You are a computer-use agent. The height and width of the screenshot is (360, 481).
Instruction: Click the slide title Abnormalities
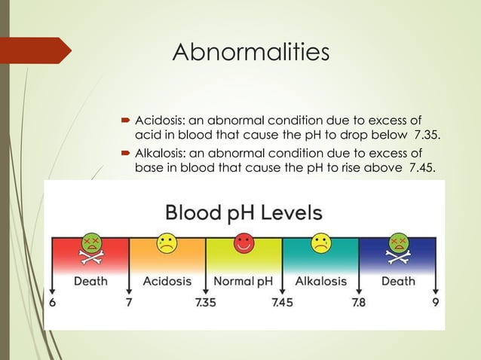point(250,53)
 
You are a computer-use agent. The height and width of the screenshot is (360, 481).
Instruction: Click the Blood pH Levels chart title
point(243,212)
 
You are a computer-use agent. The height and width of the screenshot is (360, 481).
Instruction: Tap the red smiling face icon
point(243,243)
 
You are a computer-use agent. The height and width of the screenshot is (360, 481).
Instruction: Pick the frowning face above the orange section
point(166,243)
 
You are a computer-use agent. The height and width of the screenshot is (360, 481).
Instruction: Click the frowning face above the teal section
point(321,243)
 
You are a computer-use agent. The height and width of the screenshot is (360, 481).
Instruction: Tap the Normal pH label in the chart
point(243,281)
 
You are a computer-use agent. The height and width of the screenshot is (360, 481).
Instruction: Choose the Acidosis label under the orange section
point(167,281)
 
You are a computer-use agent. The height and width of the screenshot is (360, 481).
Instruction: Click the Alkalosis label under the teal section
point(321,281)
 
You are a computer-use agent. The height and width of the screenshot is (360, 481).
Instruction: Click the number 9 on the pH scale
point(436,303)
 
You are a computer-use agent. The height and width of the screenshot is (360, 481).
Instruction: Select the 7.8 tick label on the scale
point(358,303)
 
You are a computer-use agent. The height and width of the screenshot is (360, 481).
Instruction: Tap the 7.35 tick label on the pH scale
point(205,303)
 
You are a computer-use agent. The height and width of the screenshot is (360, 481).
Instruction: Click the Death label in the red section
point(90,281)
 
